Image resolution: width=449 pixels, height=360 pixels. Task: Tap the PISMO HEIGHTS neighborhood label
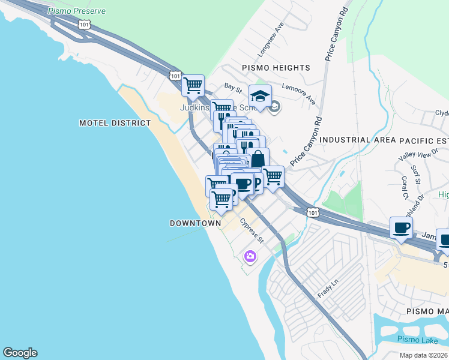tap(276, 68)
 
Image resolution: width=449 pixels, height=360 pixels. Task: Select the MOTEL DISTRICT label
tap(115, 123)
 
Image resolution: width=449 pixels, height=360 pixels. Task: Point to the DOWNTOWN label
tap(195, 223)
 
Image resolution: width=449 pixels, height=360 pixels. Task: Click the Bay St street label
tap(232, 88)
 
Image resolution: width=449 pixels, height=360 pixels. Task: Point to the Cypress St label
tap(252, 231)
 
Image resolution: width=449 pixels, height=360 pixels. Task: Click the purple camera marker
tap(250, 257)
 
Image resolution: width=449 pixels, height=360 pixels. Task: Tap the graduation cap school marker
tap(260, 96)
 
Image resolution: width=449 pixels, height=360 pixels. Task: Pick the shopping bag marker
tap(258, 160)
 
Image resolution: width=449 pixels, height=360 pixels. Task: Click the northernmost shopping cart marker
tap(193, 86)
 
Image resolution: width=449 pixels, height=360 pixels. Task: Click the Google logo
tap(20, 353)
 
